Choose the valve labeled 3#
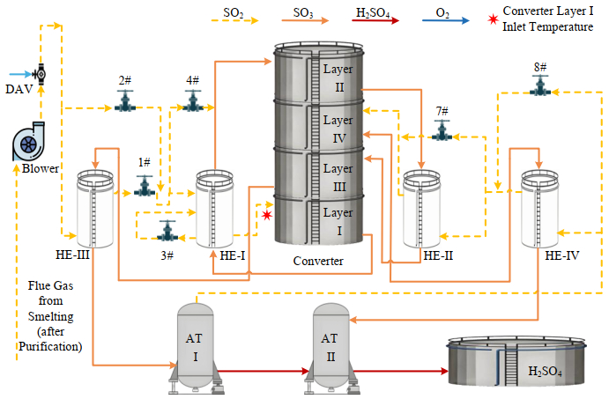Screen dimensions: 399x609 [x=167, y=233]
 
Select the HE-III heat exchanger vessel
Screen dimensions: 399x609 [x=94, y=208]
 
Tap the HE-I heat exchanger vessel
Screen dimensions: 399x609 [x=214, y=209]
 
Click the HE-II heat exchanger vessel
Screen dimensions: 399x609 [x=422, y=208]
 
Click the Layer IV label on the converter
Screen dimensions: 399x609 [x=338, y=129]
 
